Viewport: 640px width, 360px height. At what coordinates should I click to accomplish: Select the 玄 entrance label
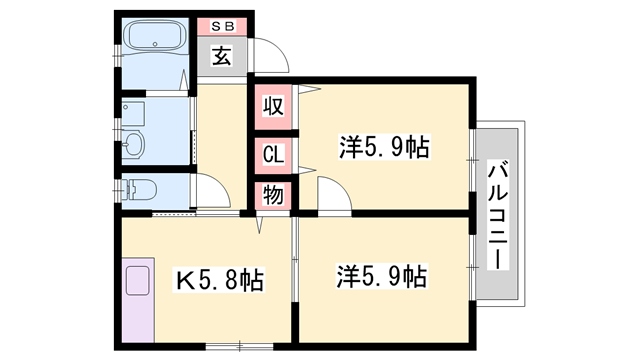[221, 56]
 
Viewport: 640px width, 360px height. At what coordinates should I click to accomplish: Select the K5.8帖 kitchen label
[221, 281]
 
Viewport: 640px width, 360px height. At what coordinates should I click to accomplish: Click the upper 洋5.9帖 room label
[384, 149]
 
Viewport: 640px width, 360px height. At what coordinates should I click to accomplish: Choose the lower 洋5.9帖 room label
[384, 274]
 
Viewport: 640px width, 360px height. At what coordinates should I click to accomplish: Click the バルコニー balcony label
[498, 214]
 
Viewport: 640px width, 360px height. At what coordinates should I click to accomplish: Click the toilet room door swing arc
[212, 190]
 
